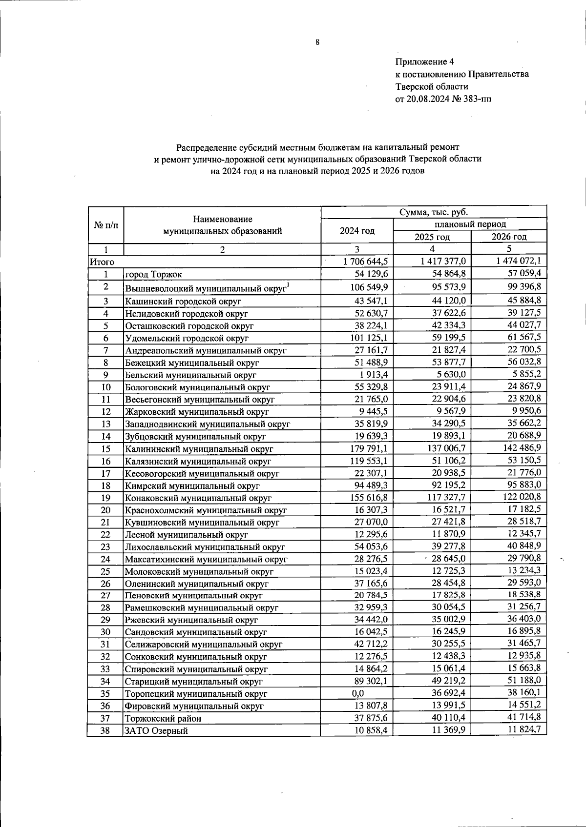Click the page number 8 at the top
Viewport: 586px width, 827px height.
click(x=317, y=42)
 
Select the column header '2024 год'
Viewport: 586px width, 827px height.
click(x=357, y=231)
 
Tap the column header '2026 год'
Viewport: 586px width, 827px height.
click(x=509, y=237)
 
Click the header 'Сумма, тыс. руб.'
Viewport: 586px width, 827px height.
click(x=433, y=212)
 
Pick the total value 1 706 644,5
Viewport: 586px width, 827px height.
click(x=365, y=262)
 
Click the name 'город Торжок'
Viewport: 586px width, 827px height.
click(x=153, y=274)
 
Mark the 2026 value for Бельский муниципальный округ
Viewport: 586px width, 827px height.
click(x=525, y=374)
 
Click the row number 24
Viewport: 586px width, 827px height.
click(x=105, y=559)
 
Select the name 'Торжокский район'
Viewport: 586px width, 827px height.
click(x=163, y=718)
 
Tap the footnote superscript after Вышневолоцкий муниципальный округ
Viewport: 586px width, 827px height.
click(x=288, y=285)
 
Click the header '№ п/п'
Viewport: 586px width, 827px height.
click(x=105, y=225)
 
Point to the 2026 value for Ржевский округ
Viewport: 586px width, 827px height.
click(x=525, y=619)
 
